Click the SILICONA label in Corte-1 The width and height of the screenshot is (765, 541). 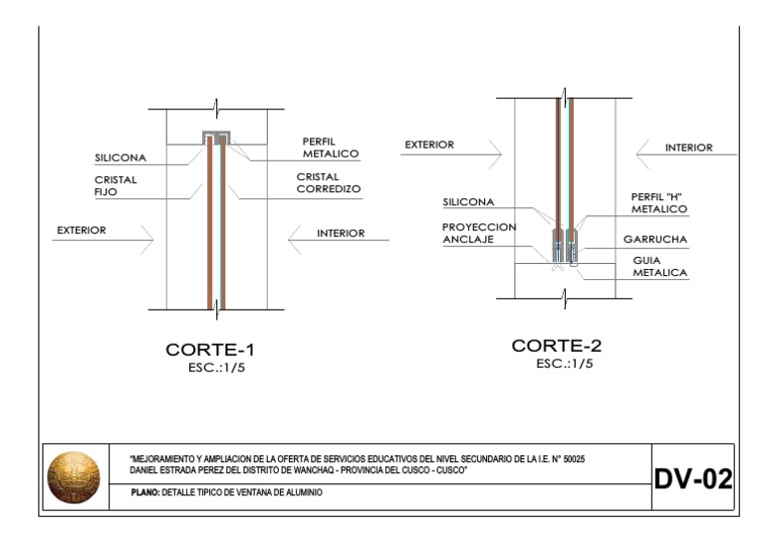pos(121,157)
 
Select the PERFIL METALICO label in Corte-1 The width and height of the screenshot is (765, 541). pos(331,147)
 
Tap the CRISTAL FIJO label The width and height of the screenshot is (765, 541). pos(116,186)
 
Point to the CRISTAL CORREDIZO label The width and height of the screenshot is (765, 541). pos(328,182)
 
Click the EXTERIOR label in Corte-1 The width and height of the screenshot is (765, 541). pos(82,230)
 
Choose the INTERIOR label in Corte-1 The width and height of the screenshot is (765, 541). pos(341,233)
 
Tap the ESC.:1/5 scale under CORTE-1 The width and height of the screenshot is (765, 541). pos(213,368)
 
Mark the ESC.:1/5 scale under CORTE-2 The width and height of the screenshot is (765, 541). pos(564,364)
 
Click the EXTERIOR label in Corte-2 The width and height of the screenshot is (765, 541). pos(429,144)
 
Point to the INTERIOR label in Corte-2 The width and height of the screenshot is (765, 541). pos(689,147)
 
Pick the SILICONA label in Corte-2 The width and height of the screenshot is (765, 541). pos(468,202)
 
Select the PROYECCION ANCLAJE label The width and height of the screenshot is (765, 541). pos(479,232)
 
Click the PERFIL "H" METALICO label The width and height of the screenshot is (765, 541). pos(659,202)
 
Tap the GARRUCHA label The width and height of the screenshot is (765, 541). pos(655,239)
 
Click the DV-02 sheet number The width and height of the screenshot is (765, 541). pos(692,479)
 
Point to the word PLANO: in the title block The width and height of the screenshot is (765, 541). pos(145,493)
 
